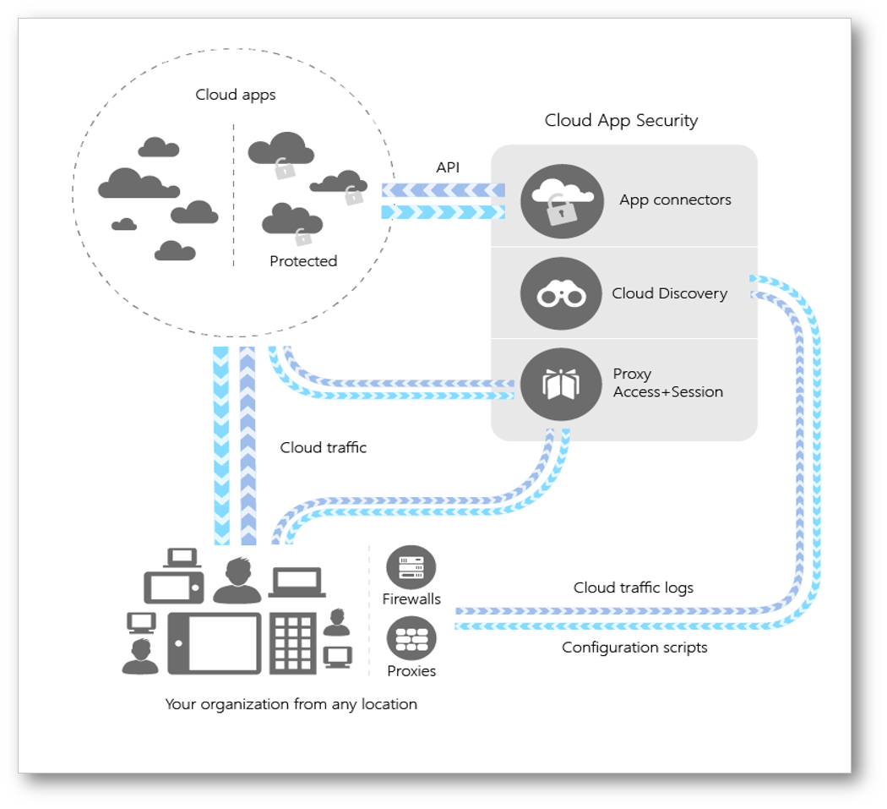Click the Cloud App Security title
[621, 120]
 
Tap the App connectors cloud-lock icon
[562, 200]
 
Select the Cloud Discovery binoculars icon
[562, 293]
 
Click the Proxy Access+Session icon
[562, 384]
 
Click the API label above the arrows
[448, 167]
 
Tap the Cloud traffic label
[324, 447]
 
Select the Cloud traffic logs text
[633, 588]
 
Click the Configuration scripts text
[634, 648]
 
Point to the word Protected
[303, 261]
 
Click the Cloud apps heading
[236, 94]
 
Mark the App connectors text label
[675, 200]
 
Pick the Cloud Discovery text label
[669, 293]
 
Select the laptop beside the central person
[297, 582]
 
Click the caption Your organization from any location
[291, 703]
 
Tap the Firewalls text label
[411, 599]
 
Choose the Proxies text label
[411, 671]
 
